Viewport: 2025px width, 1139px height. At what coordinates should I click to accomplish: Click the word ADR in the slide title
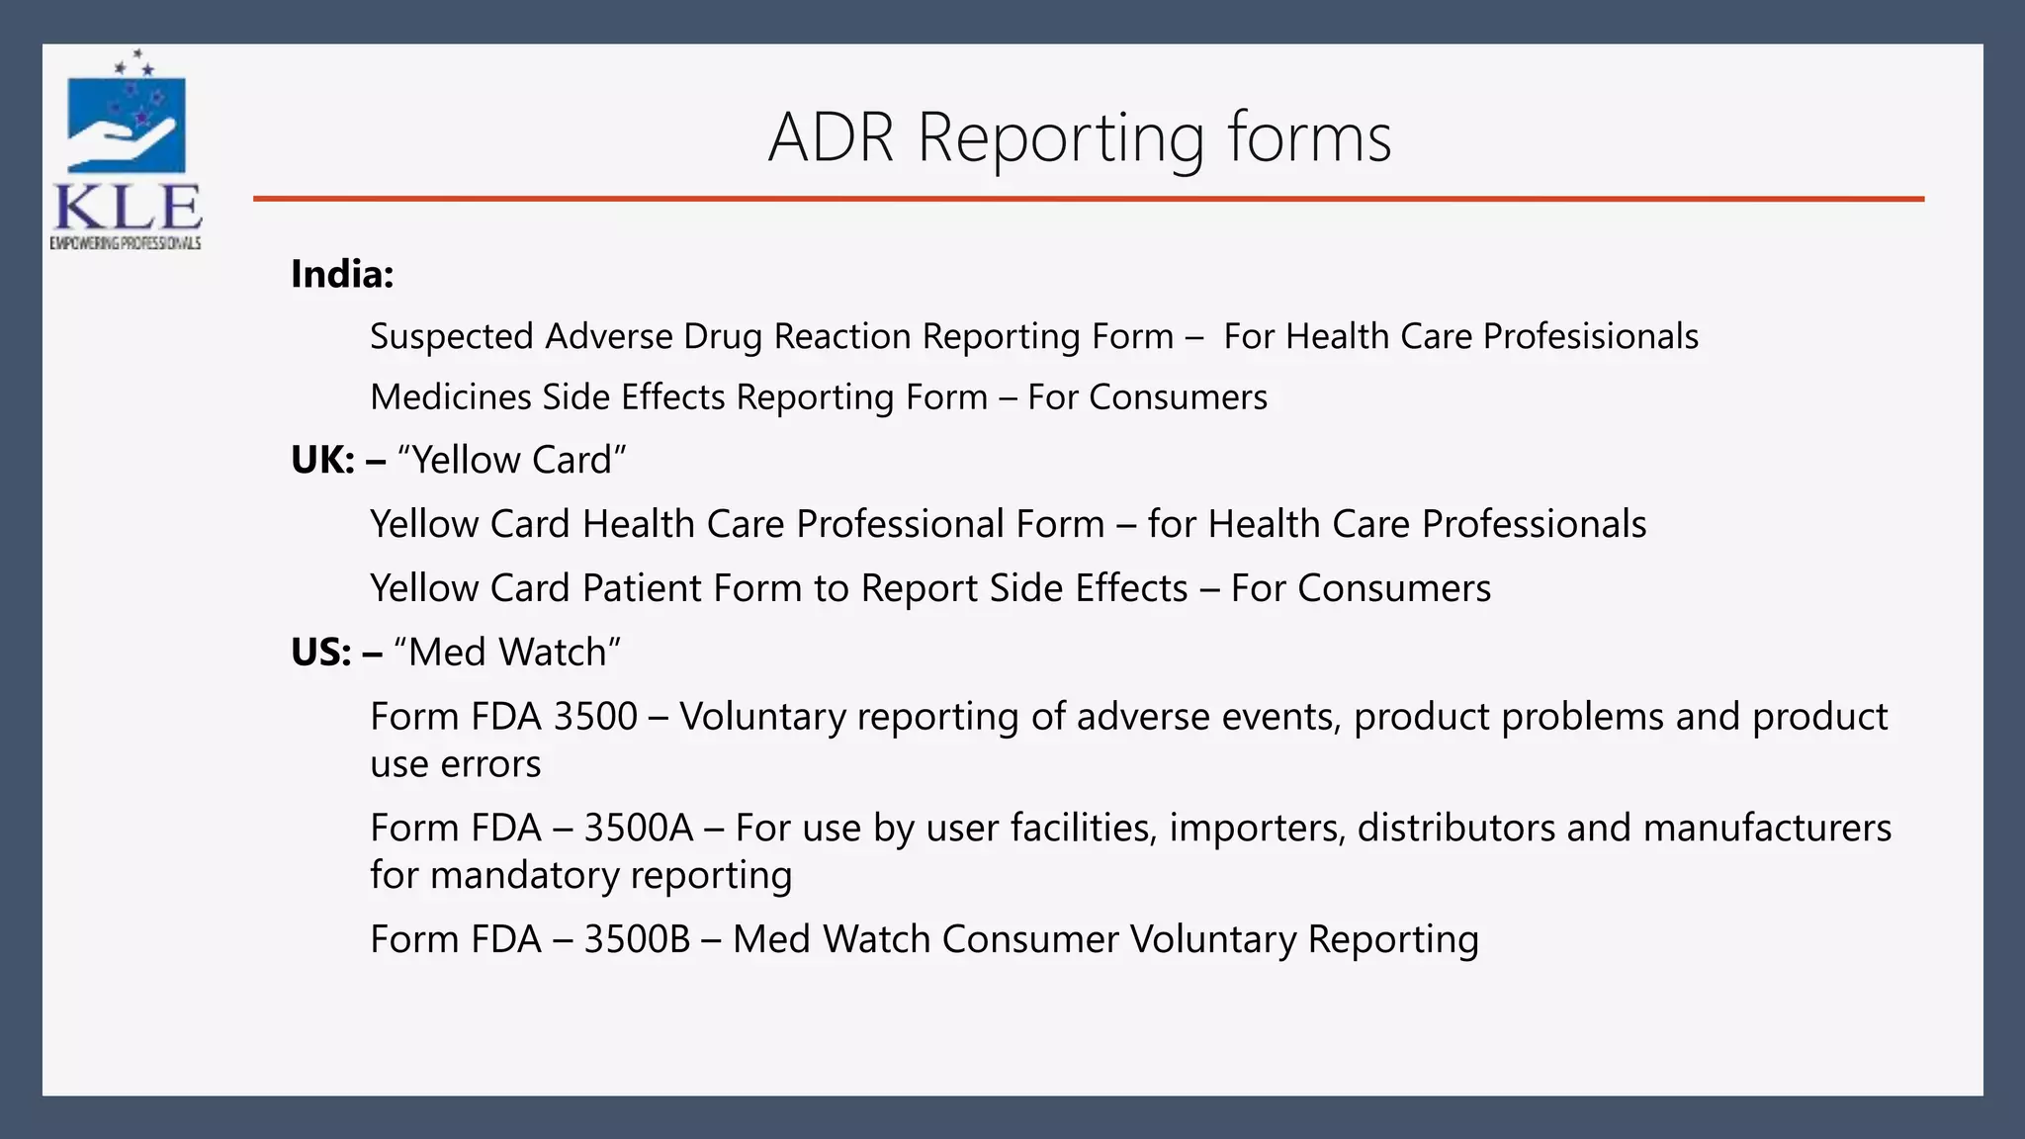click(x=832, y=137)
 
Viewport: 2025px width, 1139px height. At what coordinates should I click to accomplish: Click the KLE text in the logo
click(x=128, y=209)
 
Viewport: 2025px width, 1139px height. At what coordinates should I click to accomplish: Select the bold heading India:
click(x=342, y=274)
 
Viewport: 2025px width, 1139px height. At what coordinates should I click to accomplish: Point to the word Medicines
click(x=451, y=397)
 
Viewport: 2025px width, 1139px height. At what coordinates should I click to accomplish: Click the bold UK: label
click(x=322, y=461)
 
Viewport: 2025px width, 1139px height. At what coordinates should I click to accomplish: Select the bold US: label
click(x=320, y=653)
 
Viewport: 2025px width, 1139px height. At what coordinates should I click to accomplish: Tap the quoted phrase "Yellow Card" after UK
click(x=511, y=461)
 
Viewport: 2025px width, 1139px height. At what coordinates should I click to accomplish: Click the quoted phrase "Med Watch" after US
click(x=506, y=653)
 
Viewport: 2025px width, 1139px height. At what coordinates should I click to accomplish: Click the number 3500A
click(x=639, y=828)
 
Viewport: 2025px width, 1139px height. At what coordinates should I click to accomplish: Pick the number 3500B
click(x=637, y=939)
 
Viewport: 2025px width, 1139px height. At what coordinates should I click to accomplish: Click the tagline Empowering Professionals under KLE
click(x=126, y=243)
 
